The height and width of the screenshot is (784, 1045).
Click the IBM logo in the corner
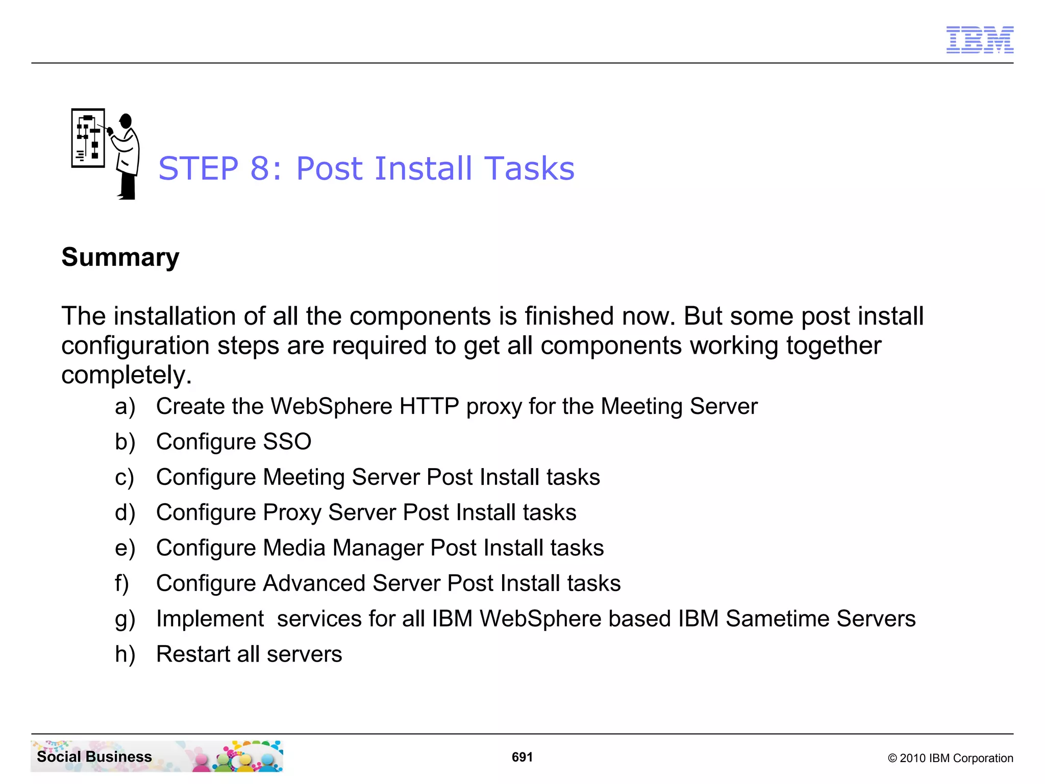(979, 40)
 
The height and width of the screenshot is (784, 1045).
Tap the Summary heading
(120, 257)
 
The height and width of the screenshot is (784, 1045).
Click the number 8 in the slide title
(260, 168)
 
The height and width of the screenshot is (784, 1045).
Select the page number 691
(522, 757)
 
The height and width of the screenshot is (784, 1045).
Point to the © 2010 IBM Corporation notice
(950, 758)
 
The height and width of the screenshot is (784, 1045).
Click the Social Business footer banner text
(94, 756)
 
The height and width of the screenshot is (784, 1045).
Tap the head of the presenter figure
(126, 121)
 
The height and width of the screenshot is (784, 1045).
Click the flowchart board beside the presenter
(88, 138)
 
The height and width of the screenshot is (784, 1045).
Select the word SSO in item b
(287, 442)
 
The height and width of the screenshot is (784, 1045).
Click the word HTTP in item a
(429, 406)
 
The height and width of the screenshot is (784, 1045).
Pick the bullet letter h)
(125, 654)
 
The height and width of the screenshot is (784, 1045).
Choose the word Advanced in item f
(314, 583)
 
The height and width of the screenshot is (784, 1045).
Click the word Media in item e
(294, 548)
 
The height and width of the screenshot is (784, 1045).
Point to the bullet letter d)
(125, 512)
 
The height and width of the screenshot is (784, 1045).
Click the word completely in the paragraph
(126, 375)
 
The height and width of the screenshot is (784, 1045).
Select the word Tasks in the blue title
(529, 168)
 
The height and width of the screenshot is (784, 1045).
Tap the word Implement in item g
(210, 619)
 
